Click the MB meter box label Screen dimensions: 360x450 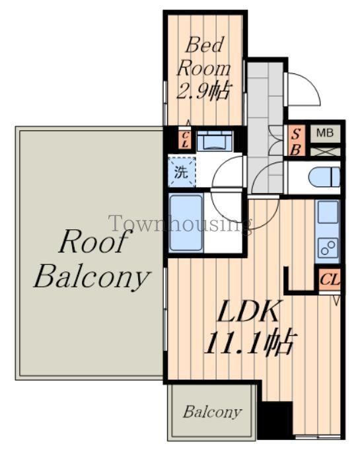[x=325, y=133]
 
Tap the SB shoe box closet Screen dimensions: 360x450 [x=296, y=141]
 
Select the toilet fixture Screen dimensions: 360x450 [x=324, y=178]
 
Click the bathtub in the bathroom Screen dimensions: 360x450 [x=186, y=223]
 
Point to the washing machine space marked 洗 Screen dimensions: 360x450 [x=182, y=172]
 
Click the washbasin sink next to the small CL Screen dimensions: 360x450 [x=214, y=141]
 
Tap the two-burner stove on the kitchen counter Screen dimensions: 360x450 [x=328, y=248]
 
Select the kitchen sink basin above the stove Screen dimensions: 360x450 [x=328, y=212]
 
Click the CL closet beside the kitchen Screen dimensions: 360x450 [x=330, y=280]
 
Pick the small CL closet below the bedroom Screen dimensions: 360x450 [x=185, y=140]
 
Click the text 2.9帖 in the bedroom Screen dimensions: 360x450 [x=203, y=91]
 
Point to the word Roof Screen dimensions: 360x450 [x=93, y=241]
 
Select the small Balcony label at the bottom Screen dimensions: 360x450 [x=212, y=412]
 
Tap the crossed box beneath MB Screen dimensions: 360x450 [x=325, y=151]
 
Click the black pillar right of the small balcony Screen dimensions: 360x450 [x=275, y=420]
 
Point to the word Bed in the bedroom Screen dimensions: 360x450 [x=204, y=46]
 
